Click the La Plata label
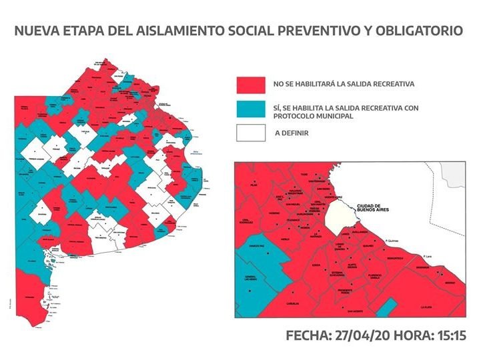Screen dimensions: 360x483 pos(426,308)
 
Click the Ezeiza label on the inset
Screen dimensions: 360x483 pos(316,265)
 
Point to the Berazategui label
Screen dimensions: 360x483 pos(399,257)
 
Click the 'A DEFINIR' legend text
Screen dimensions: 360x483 pos(291,133)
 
